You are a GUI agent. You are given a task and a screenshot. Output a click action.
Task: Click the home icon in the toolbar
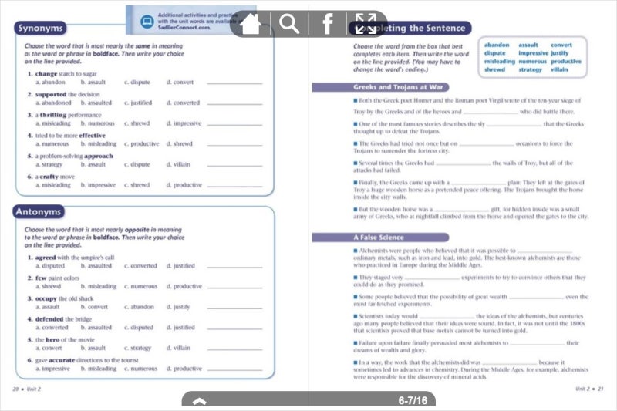pyautogui.click(x=250, y=24)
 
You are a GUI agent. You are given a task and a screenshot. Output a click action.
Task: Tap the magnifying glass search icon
pyautogui.click(x=289, y=24)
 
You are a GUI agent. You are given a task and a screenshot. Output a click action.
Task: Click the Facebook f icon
pyautogui.click(x=328, y=24)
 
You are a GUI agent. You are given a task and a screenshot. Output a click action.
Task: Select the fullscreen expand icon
pyautogui.click(x=366, y=24)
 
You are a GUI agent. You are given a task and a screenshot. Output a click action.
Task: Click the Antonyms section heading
pyautogui.click(x=39, y=212)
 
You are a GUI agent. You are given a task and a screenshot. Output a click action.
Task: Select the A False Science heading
pyautogui.click(x=379, y=238)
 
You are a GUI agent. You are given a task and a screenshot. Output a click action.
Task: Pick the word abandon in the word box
pyautogui.click(x=497, y=45)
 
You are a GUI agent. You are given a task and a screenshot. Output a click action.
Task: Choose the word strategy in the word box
pyautogui.click(x=531, y=69)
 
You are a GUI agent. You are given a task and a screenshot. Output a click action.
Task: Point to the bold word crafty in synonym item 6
pyautogui.click(x=51, y=177)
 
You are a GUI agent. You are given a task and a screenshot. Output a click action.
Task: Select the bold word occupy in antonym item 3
pyautogui.click(x=47, y=298)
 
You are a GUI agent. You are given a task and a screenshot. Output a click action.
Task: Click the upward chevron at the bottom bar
pyautogui.click(x=199, y=401)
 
